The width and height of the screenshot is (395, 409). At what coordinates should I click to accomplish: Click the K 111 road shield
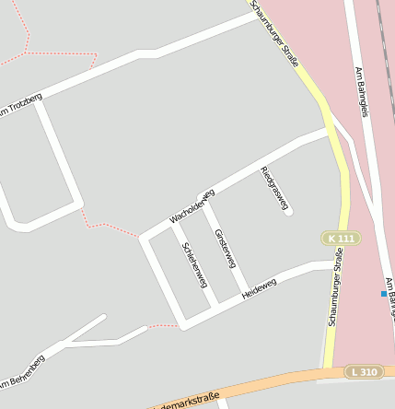coord(340,239)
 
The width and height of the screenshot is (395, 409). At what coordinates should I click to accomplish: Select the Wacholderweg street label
coord(192,206)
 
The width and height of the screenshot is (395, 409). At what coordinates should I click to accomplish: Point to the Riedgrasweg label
coord(274,188)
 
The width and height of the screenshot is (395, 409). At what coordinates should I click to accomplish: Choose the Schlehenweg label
coord(195,265)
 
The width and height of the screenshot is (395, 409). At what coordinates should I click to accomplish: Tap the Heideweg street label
coord(259,289)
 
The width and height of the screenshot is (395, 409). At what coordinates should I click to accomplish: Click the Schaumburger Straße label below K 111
coord(336,291)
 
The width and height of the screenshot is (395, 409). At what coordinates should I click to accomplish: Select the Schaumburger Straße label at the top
coord(275,34)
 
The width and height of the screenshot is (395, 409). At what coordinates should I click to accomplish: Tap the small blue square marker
coord(384,294)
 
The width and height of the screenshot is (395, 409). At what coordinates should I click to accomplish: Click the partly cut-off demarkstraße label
coord(184,402)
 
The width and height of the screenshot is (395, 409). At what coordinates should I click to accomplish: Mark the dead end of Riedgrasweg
coord(288,213)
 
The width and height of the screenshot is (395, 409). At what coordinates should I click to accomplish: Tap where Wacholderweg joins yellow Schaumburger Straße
coord(330,132)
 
